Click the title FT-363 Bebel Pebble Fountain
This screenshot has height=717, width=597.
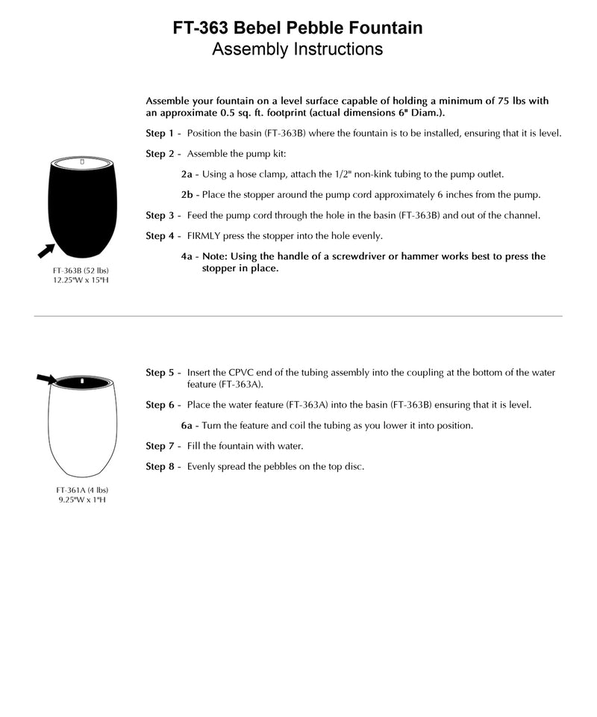[x=298, y=28]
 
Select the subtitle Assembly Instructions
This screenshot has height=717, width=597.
[x=298, y=49]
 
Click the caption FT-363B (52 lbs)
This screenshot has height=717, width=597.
[x=82, y=270]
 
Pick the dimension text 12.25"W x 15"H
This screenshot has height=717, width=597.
[x=82, y=279]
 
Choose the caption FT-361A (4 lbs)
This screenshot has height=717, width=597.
[x=82, y=490]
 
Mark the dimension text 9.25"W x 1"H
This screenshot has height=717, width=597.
[x=82, y=499]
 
